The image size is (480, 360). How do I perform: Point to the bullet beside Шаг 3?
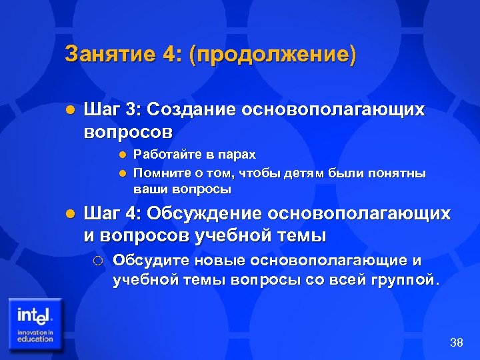click(x=70, y=110)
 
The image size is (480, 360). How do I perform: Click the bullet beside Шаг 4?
click(x=70, y=215)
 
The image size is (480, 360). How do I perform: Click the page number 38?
click(x=457, y=343)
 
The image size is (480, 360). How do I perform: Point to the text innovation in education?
click(x=35, y=335)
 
